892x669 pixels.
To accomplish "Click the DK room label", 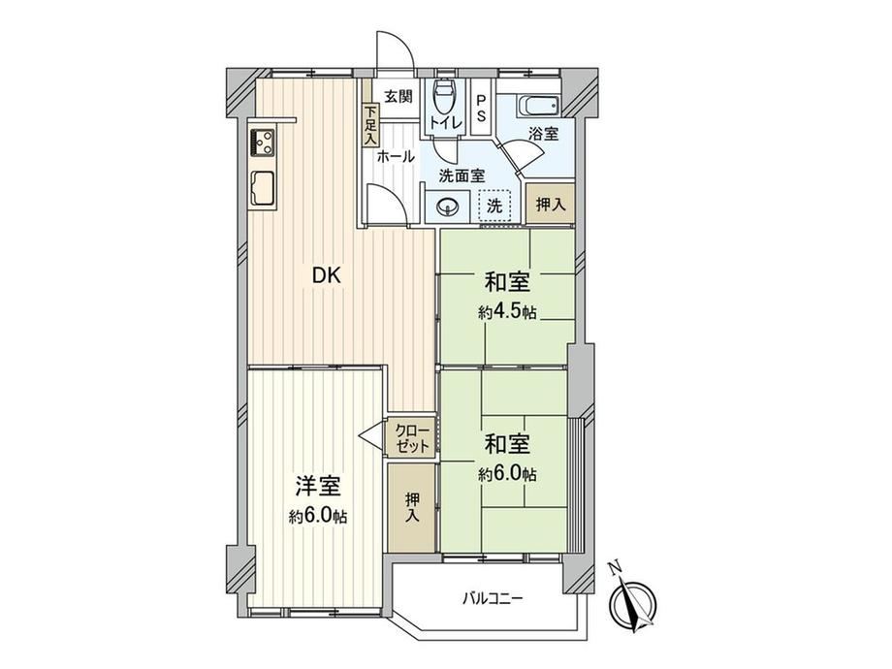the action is point(327,276).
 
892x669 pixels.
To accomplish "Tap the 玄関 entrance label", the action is point(398,97).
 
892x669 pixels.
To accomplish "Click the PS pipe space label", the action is point(481,108).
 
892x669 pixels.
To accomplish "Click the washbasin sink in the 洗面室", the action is point(448,205).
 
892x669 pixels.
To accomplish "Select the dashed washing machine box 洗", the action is point(494,206).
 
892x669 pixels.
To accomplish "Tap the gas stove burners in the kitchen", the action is point(262,143).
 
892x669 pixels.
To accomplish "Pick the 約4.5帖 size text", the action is point(507,312).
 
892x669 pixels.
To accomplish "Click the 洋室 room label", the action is point(318,487).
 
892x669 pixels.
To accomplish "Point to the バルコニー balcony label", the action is point(493,598).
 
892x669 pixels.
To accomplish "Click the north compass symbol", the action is point(633,605).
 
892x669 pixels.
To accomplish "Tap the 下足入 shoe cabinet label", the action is point(370,124).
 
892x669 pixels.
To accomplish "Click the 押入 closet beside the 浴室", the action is point(550,204).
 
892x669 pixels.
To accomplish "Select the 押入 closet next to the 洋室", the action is point(412,507).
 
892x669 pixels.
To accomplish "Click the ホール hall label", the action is point(396,157).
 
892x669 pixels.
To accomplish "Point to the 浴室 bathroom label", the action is point(543,134).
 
